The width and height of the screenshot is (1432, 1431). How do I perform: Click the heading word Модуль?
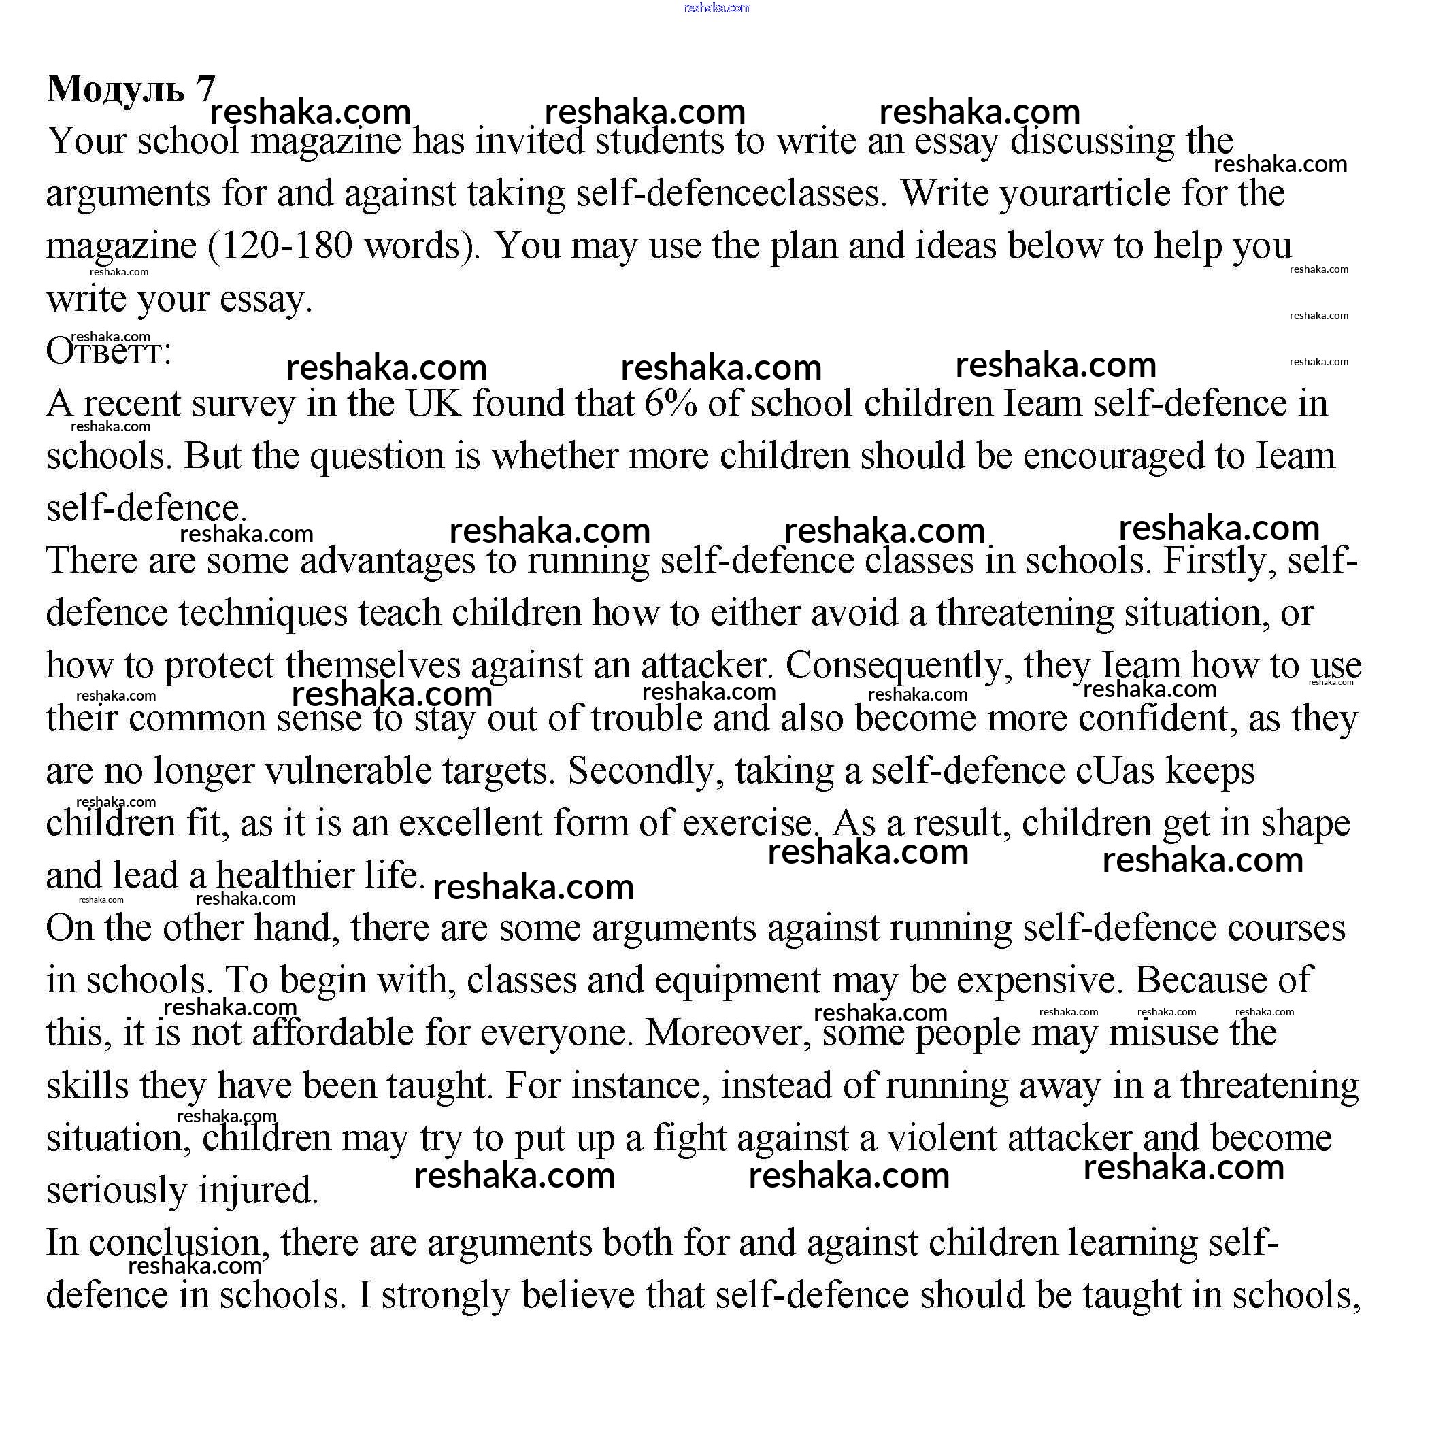(116, 90)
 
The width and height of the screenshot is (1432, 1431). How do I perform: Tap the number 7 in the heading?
(205, 88)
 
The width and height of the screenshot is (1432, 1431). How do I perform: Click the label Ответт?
(108, 351)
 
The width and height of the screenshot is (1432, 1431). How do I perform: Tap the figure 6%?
(671, 404)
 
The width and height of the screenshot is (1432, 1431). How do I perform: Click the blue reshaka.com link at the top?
(716, 7)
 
